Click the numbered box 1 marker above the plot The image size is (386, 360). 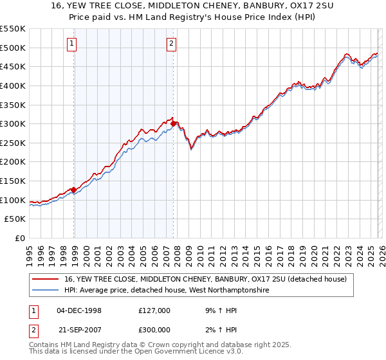[x=71, y=44]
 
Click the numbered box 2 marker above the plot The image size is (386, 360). [x=172, y=44]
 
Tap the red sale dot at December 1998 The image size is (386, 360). [x=73, y=190]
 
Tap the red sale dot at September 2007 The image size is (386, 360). [x=174, y=123]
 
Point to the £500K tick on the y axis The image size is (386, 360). [x=14, y=48]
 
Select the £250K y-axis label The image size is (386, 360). [x=14, y=143]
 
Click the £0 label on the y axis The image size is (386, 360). [x=19, y=238]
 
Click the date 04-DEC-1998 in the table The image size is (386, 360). [x=79, y=310]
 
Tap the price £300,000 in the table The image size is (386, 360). [x=154, y=329]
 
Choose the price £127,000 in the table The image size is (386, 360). [x=154, y=310]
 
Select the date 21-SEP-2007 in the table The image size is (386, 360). [x=79, y=329]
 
